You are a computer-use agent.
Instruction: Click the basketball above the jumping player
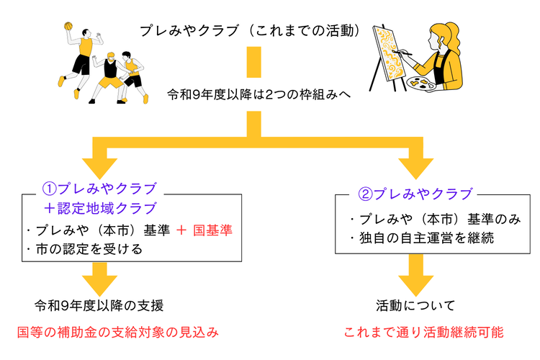pyautogui.click(x=68, y=26)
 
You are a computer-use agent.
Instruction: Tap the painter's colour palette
pyautogui.click(x=421, y=84)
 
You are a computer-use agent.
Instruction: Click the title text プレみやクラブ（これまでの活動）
pyautogui.click(x=251, y=31)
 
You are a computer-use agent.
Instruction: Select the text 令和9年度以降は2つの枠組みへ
pyautogui.click(x=259, y=94)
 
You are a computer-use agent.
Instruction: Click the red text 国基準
pyautogui.click(x=213, y=230)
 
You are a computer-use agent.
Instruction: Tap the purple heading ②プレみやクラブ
pyautogui.click(x=415, y=194)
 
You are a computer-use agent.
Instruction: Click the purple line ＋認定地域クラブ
pyautogui.click(x=100, y=208)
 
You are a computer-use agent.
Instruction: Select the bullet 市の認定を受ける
pyautogui.click(x=84, y=249)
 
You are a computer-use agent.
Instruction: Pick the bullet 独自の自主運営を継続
pyautogui.click(x=422, y=238)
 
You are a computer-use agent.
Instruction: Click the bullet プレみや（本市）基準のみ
pyautogui.click(x=436, y=219)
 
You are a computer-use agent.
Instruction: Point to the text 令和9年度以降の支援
pyautogui.click(x=99, y=305)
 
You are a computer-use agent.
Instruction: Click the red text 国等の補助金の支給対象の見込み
pyautogui.click(x=118, y=333)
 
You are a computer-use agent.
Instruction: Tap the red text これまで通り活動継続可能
pyautogui.click(x=423, y=333)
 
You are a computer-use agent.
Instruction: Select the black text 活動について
pyautogui.click(x=415, y=305)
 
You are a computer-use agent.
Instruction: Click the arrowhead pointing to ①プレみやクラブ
pyautogui.click(x=100, y=168)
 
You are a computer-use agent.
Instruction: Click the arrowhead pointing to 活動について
pyautogui.click(x=415, y=286)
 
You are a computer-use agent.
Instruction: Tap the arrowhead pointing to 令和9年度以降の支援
pyautogui.click(x=100, y=286)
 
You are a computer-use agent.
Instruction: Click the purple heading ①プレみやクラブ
pyautogui.click(x=100, y=189)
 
